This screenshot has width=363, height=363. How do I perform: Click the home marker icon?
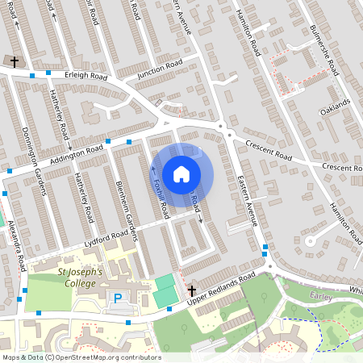pos(181,173)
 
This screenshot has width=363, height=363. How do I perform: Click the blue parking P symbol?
pos(118,299)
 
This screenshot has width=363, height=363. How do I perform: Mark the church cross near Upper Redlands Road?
pos(191,290)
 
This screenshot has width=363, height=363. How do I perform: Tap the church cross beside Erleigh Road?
pos(12,60)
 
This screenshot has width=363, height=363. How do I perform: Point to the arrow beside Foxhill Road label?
pos(153,169)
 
